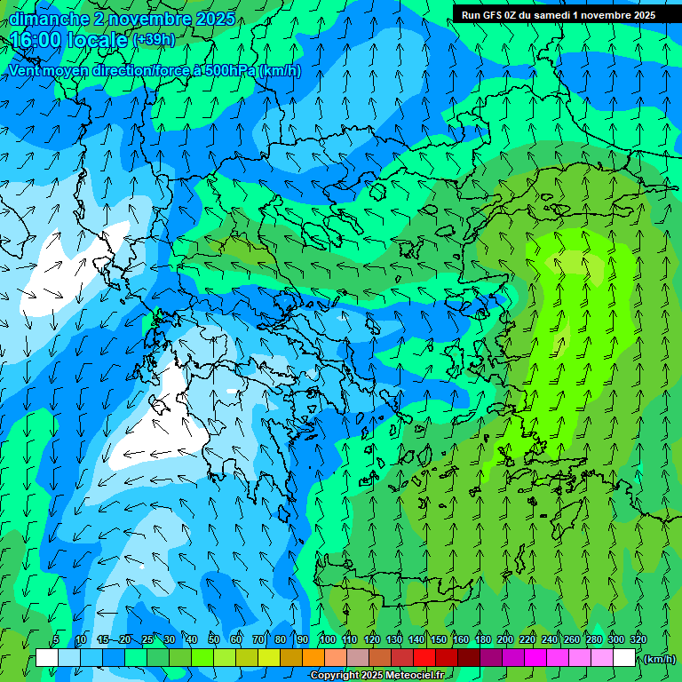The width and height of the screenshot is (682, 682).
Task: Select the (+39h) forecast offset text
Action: pyautogui.click(x=153, y=40)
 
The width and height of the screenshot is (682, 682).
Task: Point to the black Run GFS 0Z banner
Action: pyautogui.click(x=559, y=14)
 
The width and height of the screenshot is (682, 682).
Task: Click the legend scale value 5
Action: pyautogui.click(x=56, y=640)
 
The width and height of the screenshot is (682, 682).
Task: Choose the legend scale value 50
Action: pyautogui.click(x=214, y=640)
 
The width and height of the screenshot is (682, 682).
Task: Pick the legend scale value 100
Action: pyautogui.click(x=328, y=640)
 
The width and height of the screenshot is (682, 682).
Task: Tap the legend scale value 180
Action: pyautogui.click(x=483, y=640)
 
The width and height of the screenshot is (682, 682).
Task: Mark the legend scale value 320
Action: pyautogui.click(x=638, y=640)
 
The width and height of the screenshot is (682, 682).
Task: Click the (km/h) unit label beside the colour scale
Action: pyautogui.click(x=659, y=659)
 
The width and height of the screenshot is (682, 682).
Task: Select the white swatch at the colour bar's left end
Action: pyautogui.click(x=47, y=658)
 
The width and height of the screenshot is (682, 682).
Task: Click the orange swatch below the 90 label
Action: pyautogui.click(x=313, y=658)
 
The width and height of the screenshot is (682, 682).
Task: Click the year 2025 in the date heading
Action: pyautogui.click(x=215, y=19)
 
